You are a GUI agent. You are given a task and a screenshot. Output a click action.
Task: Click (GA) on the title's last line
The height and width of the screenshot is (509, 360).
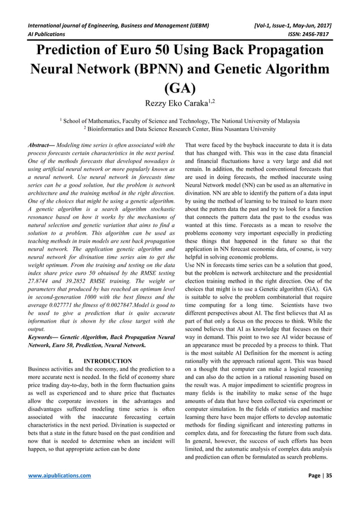coord(179,88)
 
